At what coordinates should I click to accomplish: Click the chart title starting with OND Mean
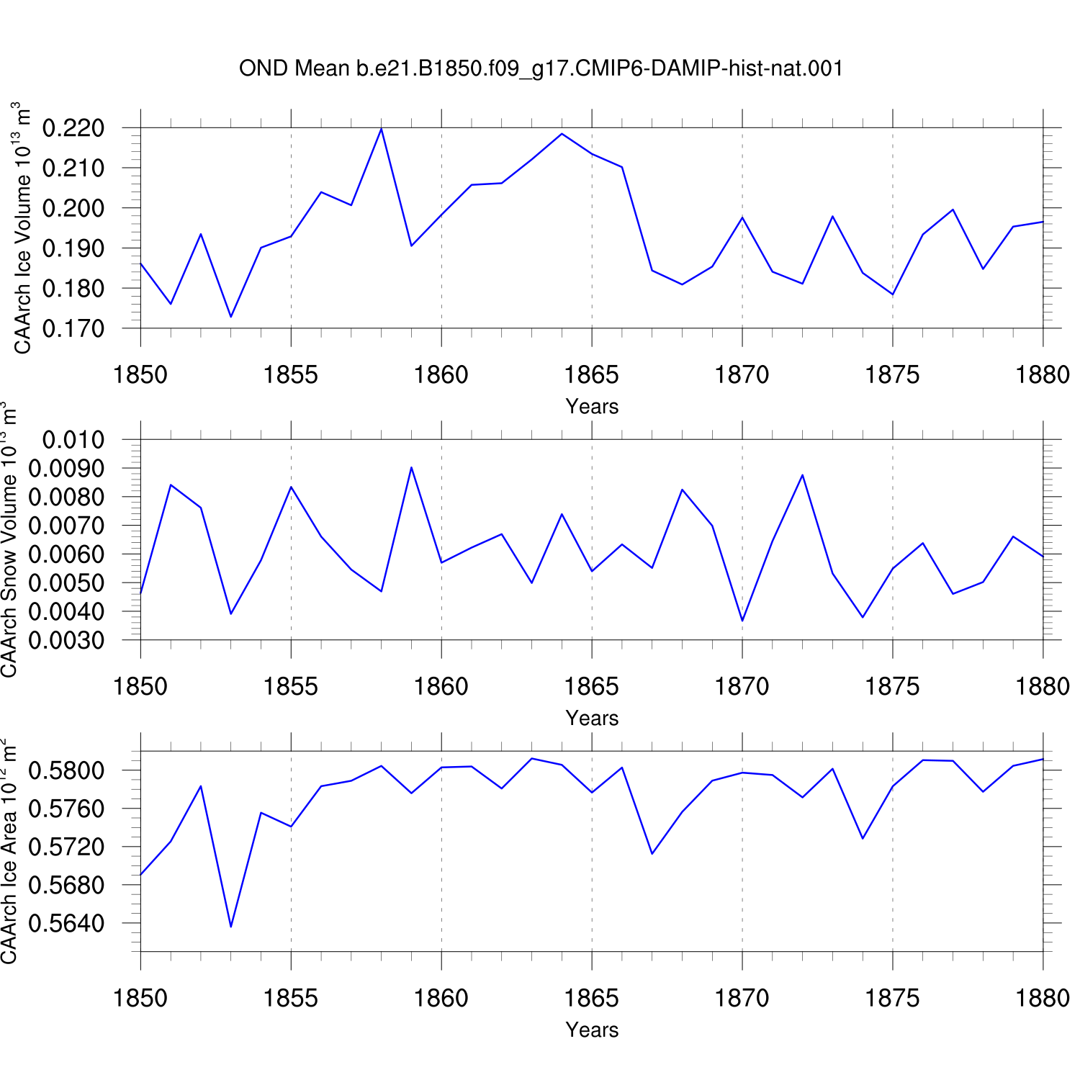click(x=541, y=68)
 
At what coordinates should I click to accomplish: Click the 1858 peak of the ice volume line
click(x=381, y=128)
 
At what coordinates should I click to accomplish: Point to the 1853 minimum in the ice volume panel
click(x=231, y=317)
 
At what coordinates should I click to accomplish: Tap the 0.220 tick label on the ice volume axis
click(x=73, y=128)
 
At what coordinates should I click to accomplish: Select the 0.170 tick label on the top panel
click(x=73, y=328)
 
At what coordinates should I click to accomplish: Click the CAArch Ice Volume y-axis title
click(x=23, y=228)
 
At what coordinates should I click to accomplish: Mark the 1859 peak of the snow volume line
click(x=411, y=467)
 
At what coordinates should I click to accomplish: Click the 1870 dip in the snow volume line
click(x=742, y=621)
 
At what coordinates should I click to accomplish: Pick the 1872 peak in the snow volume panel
click(x=802, y=474)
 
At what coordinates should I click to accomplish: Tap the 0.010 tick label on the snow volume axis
click(x=73, y=439)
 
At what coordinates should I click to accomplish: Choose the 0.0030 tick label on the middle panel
click(x=66, y=640)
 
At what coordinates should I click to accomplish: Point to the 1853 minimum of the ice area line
click(x=231, y=927)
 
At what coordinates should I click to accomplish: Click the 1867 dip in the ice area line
click(x=652, y=854)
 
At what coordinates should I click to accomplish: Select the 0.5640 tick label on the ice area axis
click(x=66, y=923)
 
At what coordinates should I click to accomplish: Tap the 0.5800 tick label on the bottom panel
click(x=66, y=770)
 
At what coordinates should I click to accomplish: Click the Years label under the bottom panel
click(x=592, y=1030)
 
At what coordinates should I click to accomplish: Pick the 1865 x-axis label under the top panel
click(x=592, y=375)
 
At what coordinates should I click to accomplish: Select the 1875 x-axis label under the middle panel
click(x=893, y=687)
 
